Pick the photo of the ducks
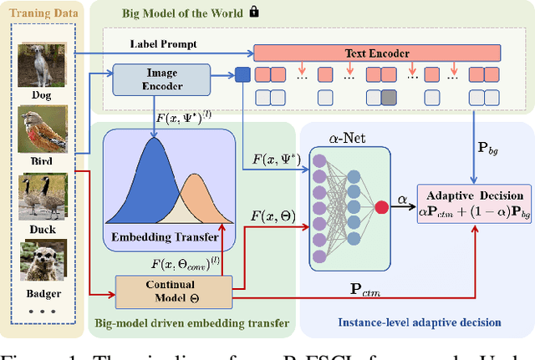pos(38,195)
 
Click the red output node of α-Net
pos(380,208)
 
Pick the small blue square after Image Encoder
pos(242,74)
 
